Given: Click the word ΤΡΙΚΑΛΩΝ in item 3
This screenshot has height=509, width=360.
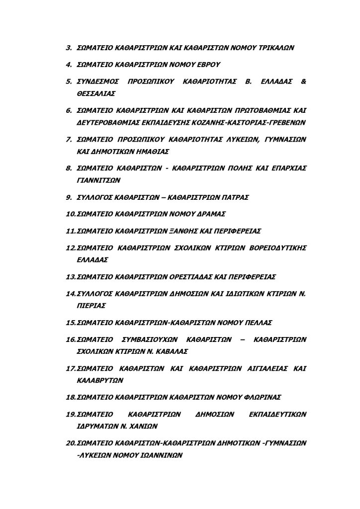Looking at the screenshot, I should point(276,48).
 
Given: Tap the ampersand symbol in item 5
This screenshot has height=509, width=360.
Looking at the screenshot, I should point(304,81).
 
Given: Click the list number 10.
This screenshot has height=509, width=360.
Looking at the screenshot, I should point(70,214).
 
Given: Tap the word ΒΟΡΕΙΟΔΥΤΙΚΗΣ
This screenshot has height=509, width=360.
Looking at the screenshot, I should point(276,247).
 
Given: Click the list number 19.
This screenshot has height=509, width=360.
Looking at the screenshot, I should point(70,414).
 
